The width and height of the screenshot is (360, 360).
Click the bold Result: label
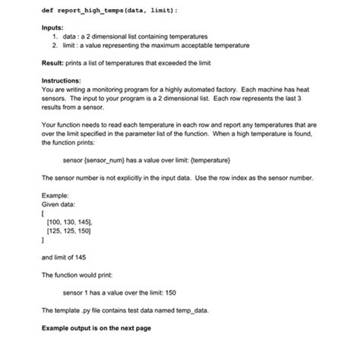tap(55, 66)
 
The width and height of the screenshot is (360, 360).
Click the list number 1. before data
tap(55, 36)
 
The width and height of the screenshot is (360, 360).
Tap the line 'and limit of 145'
tap(65, 256)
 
